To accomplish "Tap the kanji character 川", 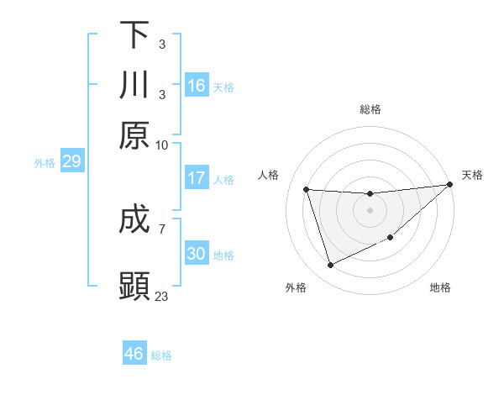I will click(x=134, y=86).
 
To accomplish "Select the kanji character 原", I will click(x=134, y=135).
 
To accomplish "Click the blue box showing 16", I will click(x=197, y=86).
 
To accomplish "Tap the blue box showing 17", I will click(x=197, y=178).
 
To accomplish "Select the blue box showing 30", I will click(x=197, y=254).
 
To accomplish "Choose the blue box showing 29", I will click(x=71, y=161).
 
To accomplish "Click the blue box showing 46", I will click(x=134, y=353).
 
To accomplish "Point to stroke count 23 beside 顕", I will click(x=162, y=296).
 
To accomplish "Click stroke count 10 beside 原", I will click(x=162, y=145).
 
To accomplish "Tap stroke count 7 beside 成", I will click(x=161, y=227).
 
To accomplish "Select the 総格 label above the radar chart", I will click(x=370, y=109).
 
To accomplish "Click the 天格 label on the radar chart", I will click(x=472, y=175).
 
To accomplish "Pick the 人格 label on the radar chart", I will click(x=269, y=175).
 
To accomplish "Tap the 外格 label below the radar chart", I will click(x=295, y=288).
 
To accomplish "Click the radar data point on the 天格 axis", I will click(x=450, y=185).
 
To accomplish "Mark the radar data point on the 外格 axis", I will click(x=330, y=266).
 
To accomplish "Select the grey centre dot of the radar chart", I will click(x=370, y=210).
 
